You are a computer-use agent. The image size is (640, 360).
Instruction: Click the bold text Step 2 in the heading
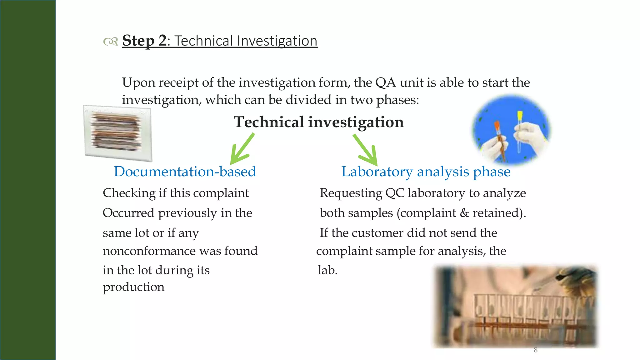(144, 41)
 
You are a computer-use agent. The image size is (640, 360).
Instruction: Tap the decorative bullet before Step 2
(110, 41)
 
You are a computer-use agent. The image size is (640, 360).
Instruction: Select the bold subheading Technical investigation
(318, 122)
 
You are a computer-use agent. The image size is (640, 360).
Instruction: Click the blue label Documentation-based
(185, 172)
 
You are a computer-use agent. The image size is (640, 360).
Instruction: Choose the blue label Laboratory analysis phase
(426, 172)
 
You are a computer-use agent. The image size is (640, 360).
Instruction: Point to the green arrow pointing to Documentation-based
(242, 149)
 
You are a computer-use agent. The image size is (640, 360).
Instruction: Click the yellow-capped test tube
(519, 131)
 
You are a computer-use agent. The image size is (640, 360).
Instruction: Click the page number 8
(535, 350)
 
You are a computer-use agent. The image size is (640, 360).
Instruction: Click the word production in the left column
(133, 287)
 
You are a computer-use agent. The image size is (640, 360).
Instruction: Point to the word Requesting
(351, 193)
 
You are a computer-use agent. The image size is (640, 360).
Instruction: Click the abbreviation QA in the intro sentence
(385, 83)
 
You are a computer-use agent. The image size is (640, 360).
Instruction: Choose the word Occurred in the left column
(128, 213)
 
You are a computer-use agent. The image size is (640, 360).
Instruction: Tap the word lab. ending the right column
(327, 270)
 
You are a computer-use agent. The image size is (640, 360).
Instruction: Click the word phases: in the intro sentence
(397, 100)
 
